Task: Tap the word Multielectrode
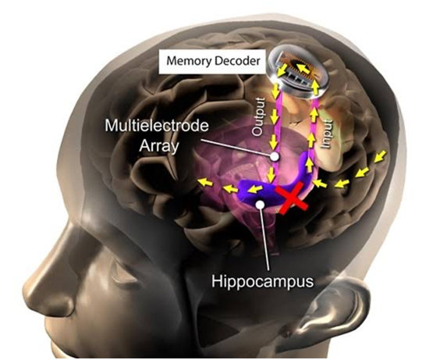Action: (157, 126)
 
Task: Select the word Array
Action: (159, 146)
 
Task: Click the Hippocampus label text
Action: (262, 281)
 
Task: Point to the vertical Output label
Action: (258, 116)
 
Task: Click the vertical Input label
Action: (327, 134)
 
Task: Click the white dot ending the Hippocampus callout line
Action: (261, 204)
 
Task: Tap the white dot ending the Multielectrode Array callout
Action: (275, 156)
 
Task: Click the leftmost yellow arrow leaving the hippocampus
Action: (205, 183)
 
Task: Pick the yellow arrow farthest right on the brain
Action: (380, 156)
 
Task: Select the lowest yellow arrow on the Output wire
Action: (271, 175)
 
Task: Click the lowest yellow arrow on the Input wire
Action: (310, 165)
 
